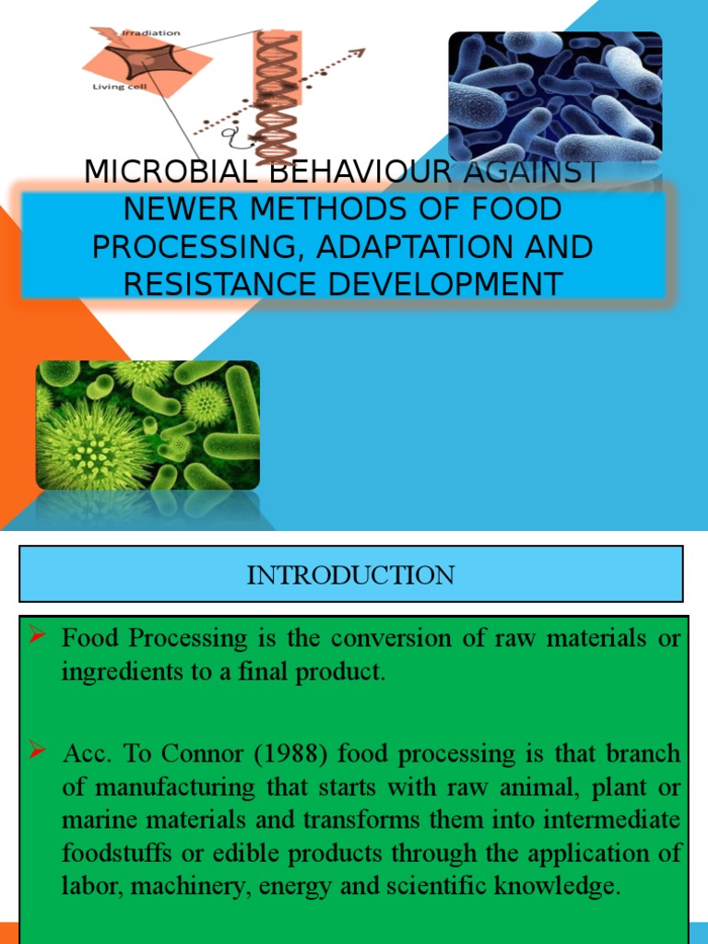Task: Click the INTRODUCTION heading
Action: pyautogui.click(x=350, y=575)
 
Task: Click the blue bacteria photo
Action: pyautogui.click(x=555, y=96)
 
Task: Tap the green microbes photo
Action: pyautogui.click(x=147, y=424)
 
